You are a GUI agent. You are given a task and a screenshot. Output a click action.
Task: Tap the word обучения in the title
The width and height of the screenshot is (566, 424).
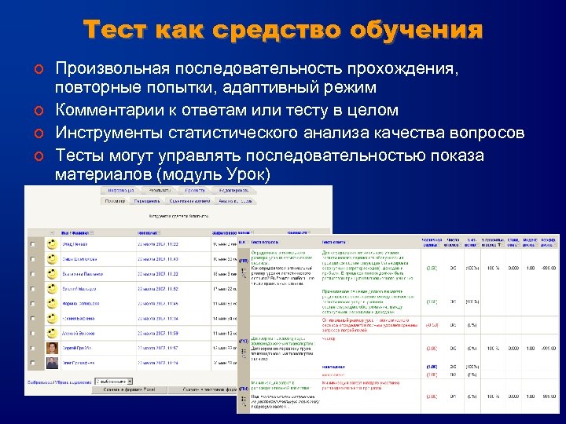click(418, 31)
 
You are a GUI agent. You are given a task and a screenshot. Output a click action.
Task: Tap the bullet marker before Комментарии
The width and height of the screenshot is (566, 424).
click(38, 110)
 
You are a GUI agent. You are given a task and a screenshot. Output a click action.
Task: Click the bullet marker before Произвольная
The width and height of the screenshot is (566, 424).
click(38, 70)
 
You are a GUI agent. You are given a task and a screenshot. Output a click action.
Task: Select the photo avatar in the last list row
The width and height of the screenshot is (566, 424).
click(52, 363)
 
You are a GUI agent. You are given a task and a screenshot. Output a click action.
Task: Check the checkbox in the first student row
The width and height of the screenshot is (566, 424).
click(32, 245)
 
